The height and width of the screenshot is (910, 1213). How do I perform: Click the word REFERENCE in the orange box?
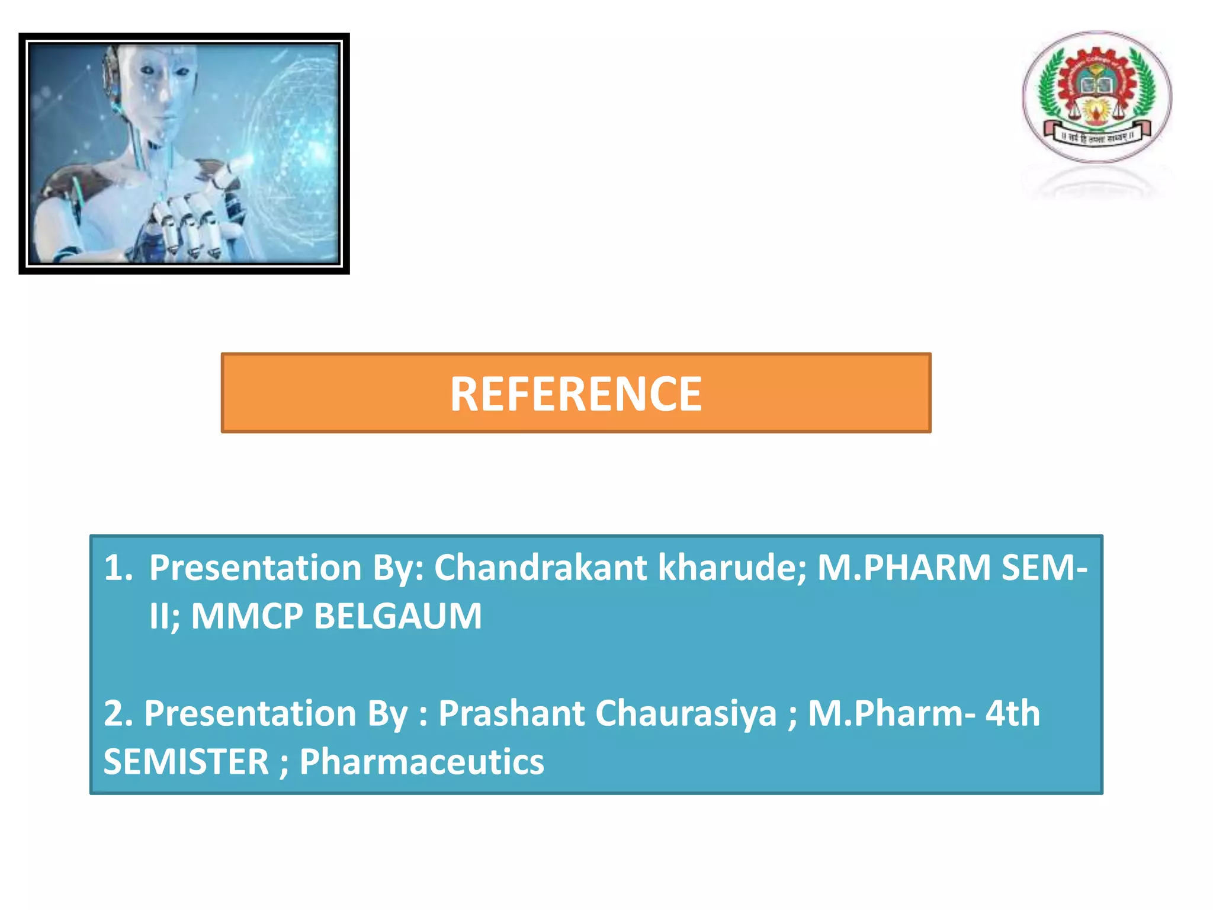pyautogui.click(x=576, y=394)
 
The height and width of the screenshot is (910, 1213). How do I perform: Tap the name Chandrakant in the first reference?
pyautogui.click(x=540, y=568)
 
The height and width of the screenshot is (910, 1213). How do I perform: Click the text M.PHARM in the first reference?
pyautogui.click(x=903, y=568)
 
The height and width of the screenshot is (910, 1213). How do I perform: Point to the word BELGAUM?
pyautogui.click(x=397, y=616)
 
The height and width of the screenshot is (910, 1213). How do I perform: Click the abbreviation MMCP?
pyautogui.click(x=247, y=616)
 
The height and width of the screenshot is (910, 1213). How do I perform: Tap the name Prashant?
pyautogui.click(x=511, y=713)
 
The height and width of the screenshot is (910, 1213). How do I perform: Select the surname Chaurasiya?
pyautogui.click(x=685, y=713)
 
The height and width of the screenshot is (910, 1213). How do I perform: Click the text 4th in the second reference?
pyautogui.click(x=1012, y=713)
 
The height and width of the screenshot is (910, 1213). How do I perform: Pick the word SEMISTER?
pyautogui.click(x=186, y=762)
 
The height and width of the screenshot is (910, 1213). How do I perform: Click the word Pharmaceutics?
pyautogui.click(x=421, y=762)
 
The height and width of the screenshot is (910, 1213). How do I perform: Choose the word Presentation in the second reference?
pyautogui.click(x=249, y=713)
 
